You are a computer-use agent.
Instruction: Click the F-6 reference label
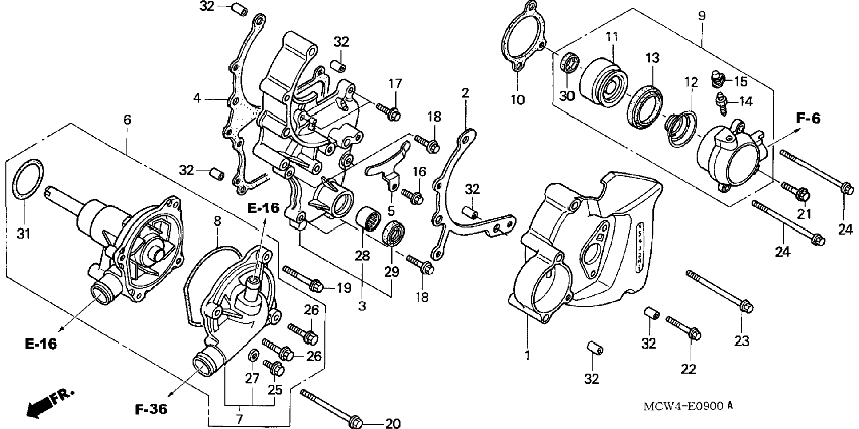(x=808, y=119)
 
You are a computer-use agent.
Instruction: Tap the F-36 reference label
(x=151, y=409)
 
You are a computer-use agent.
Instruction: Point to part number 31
(x=24, y=233)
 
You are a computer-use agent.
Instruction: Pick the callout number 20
(x=393, y=424)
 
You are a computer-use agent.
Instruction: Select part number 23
(x=742, y=341)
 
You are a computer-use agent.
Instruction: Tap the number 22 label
(x=688, y=369)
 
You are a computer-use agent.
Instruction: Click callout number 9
(x=702, y=16)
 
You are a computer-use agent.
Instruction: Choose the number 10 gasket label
(x=517, y=99)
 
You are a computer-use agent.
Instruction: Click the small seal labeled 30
(x=569, y=63)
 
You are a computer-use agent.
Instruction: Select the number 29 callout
(x=391, y=271)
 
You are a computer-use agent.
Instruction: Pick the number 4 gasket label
(x=197, y=98)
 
